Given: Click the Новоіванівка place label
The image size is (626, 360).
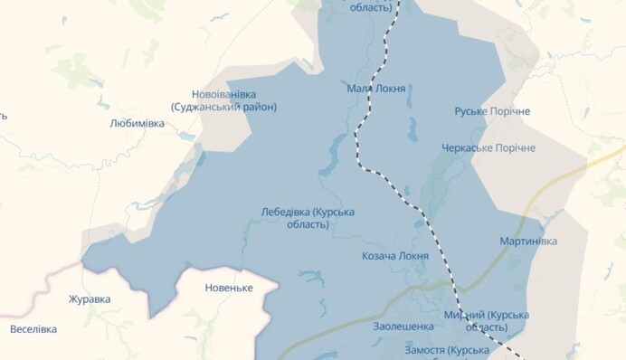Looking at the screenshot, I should pos(223,94).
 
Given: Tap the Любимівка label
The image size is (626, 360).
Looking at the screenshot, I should pos(137,123).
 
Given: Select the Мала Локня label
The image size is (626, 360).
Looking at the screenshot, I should pos(375,89).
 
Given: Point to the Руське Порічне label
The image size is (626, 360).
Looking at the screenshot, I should pos(492,111).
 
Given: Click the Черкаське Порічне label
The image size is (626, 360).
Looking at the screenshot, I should pos(488,147).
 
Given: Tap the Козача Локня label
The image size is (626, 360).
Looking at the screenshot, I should pos(395,256).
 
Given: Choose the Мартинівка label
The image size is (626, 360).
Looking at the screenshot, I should pos(528,242).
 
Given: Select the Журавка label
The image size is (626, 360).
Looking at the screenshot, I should pos(90,298).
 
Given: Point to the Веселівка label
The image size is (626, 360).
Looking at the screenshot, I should pos(33,329).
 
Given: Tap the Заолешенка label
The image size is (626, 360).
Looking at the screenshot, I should pos(403,326).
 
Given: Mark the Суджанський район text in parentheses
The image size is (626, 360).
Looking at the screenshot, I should pos(223,107).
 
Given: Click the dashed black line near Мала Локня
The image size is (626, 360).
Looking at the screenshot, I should pos(362,127).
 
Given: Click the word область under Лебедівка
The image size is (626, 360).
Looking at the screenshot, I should pos(308,224).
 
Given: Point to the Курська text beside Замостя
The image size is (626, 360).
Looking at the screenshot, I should pos(469,349).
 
